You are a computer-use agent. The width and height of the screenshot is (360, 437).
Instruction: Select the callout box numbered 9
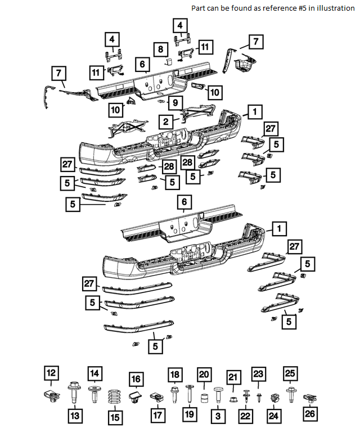tap(175, 103)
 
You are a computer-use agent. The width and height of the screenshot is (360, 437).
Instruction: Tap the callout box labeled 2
tap(166, 121)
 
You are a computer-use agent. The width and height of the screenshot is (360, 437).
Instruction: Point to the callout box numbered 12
tap(51, 373)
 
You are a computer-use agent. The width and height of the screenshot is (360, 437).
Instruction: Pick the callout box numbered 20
tap(204, 375)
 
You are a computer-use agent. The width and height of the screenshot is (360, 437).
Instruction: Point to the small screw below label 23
tap(259, 397)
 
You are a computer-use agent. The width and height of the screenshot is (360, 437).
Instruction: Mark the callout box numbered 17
tap(157, 416)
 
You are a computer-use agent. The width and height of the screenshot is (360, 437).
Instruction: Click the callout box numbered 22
tap(245, 416)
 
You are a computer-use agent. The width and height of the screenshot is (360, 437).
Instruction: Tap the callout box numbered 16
tap(136, 380)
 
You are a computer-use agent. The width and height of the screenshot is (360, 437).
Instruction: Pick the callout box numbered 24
tap(273, 416)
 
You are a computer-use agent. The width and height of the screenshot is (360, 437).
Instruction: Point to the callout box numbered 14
tap(94, 373)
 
